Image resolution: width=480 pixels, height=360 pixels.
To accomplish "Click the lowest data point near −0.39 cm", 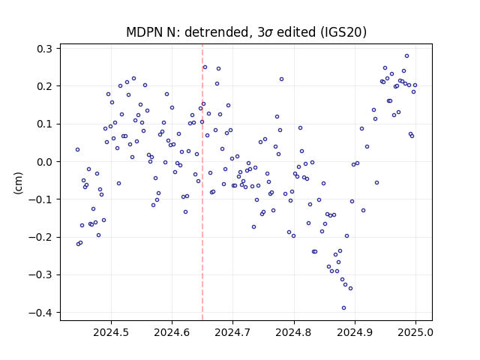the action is click(x=343, y=308).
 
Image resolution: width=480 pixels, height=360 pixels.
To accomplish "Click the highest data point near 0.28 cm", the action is click(x=406, y=56).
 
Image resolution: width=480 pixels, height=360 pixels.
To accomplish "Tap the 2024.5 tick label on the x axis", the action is click(x=111, y=332).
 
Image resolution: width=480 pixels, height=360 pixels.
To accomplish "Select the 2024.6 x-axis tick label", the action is click(x=172, y=332).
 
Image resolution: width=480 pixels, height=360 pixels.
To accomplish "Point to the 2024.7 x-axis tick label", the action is click(x=232, y=332).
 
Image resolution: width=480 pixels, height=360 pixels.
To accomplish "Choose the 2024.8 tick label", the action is click(x=294, y=332).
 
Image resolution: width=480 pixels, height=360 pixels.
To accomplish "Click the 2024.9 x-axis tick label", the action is click(x=355, y=332).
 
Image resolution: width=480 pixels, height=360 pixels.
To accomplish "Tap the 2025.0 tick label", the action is click(x=415, y=332).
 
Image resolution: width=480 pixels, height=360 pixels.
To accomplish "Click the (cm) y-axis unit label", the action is click(x=18, y=183).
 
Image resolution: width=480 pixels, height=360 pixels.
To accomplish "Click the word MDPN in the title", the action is click(x=144, y=32).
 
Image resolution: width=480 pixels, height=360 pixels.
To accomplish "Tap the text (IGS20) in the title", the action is click(x=343, y=32).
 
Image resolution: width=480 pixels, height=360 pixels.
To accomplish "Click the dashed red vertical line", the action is click(x=202, y=182).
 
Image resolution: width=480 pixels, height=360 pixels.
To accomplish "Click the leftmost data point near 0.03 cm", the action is click(x=78, y=150).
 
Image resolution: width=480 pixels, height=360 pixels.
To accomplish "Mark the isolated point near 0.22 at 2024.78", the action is click(x=282, y=79).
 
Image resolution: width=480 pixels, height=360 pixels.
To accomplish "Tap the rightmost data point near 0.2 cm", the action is click(x=415, y=85).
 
